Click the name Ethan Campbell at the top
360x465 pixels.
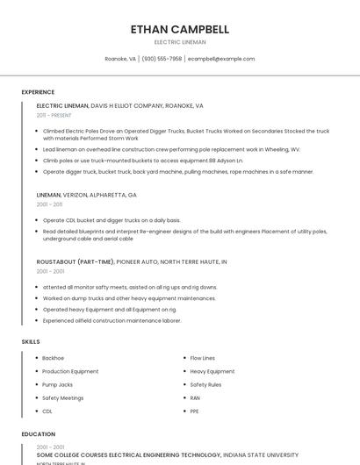tap(180, 29)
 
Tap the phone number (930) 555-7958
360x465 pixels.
tap(162, 59)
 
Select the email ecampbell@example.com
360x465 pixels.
tap(221, 59)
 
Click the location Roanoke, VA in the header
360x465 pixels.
tap(120, 59)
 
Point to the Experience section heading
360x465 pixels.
tap(38, 92)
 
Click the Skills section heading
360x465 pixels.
tap(31, 340)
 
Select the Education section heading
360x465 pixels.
tap(38, 434)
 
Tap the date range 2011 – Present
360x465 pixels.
tap(54, 115)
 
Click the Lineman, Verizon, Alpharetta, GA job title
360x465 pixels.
tap(87, 195)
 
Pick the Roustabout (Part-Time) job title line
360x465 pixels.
tap(132, 261)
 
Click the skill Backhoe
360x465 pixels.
tap(53, 358)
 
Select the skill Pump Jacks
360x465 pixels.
tap(57, 384)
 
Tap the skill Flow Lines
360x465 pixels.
tap(202, 358)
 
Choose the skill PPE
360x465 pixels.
tap(195, 411)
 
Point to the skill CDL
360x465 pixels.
tap(47, 411)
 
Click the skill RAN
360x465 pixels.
tap(195, 397)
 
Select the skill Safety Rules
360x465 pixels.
tap(205, 384)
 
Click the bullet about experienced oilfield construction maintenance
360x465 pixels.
tap(112, 321)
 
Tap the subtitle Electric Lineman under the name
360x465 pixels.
tap(180, 41)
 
